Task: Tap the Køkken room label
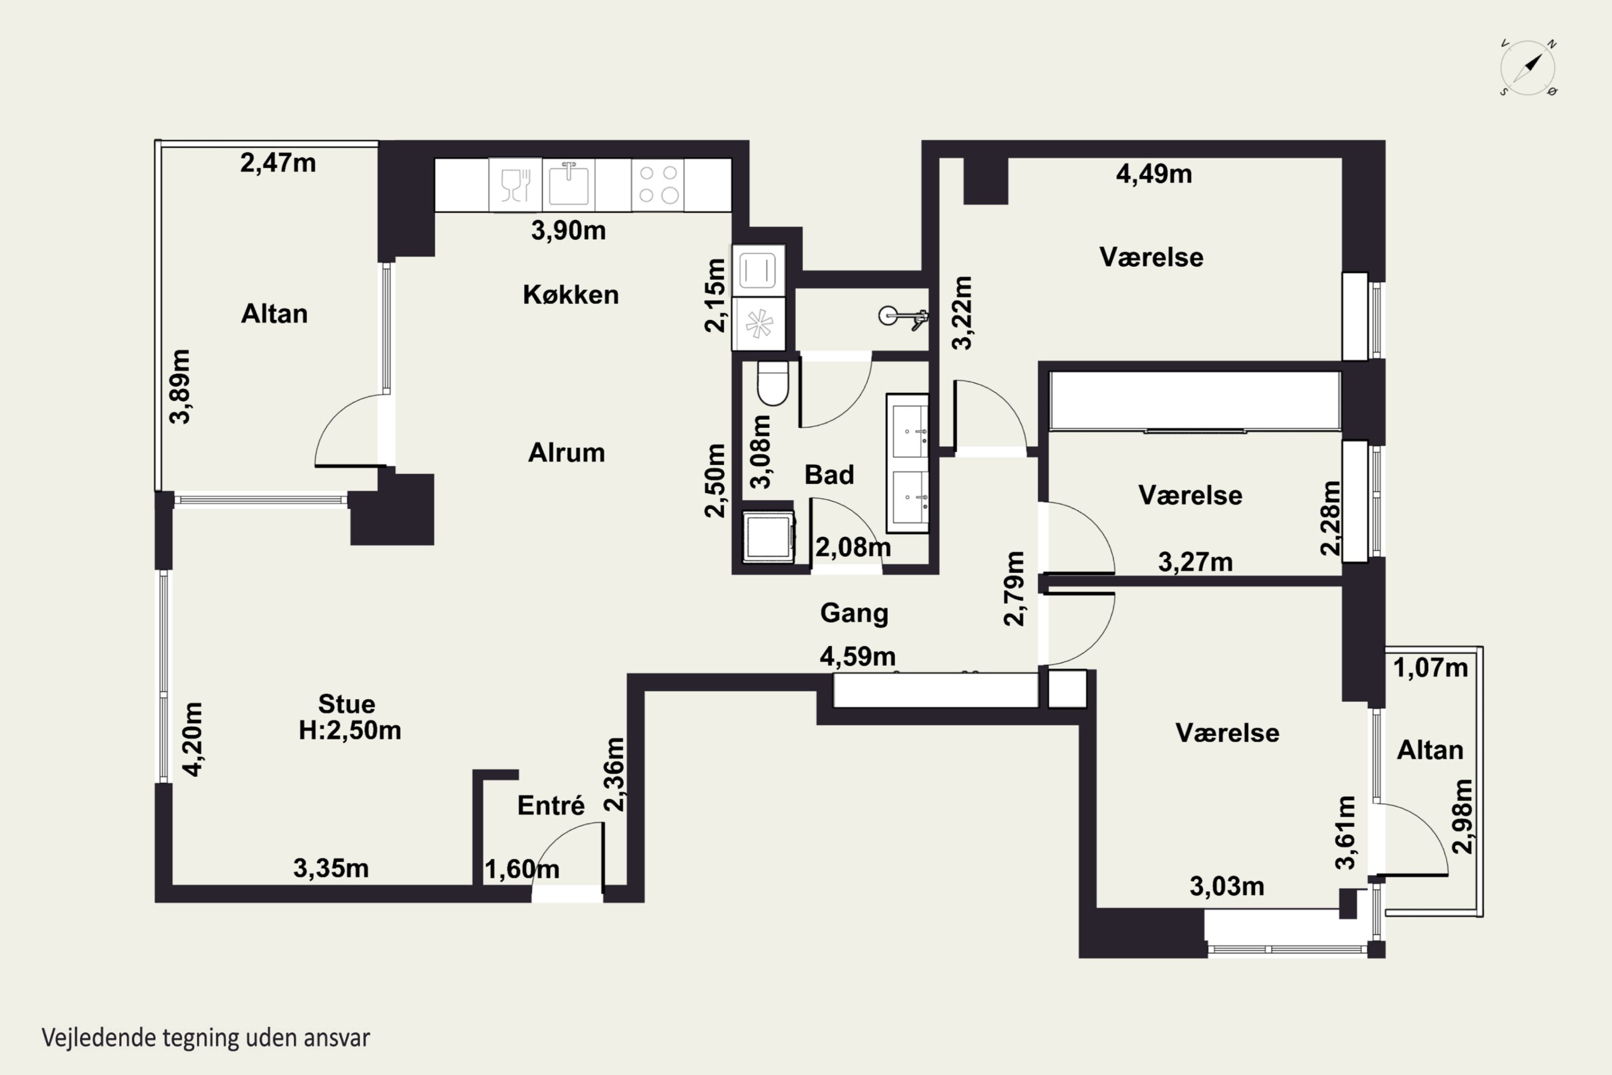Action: pos(570,295)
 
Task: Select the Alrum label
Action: pos(566,453)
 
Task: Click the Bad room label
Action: pos(829,475)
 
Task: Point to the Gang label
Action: pos(854,613)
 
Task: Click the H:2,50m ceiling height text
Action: pos(350,730)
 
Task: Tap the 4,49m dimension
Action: pos(1154,174)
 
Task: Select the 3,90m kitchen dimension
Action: pos(568,231)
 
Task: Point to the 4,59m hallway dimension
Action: pos(858,657)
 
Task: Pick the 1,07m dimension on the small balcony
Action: pos(1430,668)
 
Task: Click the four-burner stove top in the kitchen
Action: pos(658,184)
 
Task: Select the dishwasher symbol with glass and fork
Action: pos(515,184)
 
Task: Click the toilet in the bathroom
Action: pos(773,383)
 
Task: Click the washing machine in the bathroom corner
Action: pos(768,537)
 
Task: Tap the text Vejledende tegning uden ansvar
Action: pos(206,1038)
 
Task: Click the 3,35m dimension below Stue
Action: pos(331,868)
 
